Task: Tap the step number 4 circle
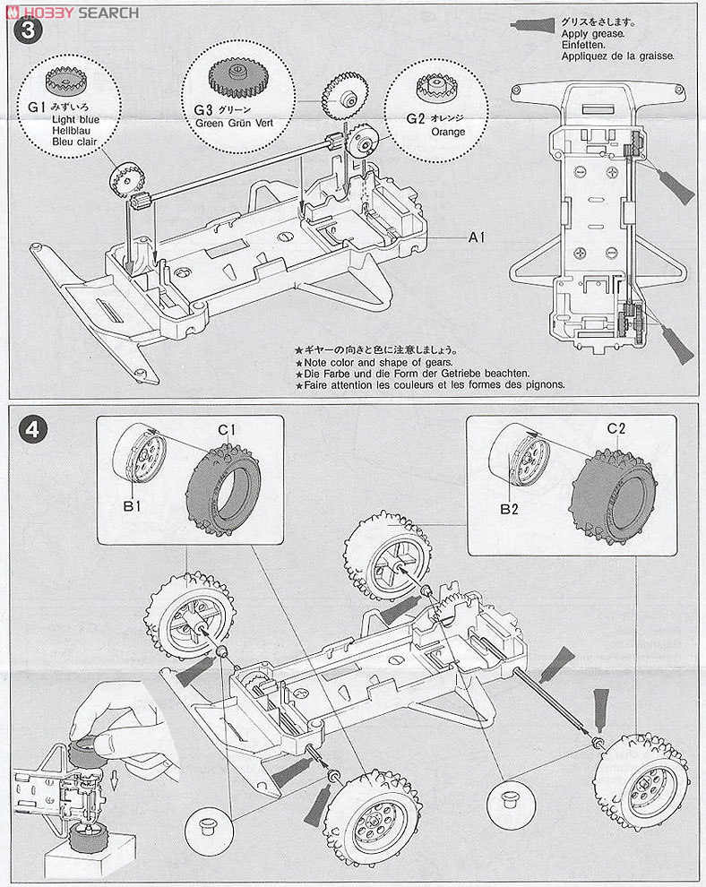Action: click(x=32, y=430)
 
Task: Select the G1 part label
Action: click(x=36, y=108)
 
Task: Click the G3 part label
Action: click(x=203, y=109)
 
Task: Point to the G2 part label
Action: click(x=415, y=119)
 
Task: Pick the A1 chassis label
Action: click(x=477, y=237)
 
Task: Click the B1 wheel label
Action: click(x=132, y=505)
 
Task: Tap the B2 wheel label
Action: click(x=509, y=509)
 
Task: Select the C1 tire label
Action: click(x=227, y=430)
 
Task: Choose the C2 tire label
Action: click(x=616, y=428)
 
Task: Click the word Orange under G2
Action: click(x=448, y=132)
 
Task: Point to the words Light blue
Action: click(x=75, y=119)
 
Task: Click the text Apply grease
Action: click(x=593, y=33)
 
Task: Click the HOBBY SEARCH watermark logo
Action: click(x=73, y=13)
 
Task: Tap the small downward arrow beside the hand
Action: click(x=114, y=779)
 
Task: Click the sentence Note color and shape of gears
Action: click(x=378, y=362)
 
